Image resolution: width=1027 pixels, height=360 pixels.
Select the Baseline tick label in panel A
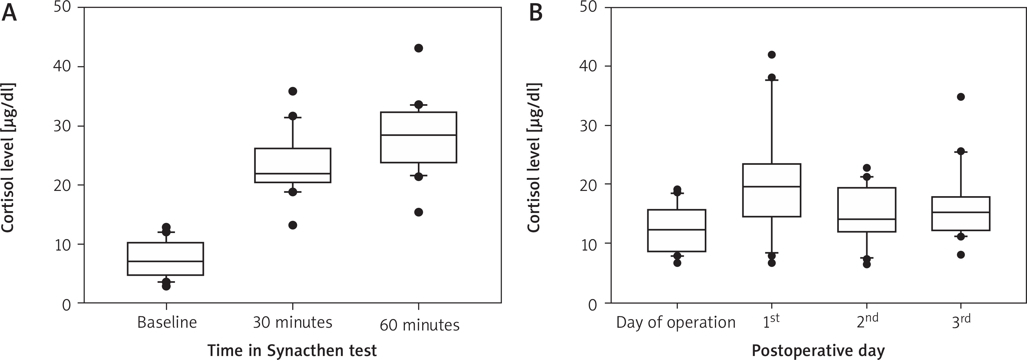(167, 322)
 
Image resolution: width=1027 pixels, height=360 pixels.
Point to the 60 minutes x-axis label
(419, 325)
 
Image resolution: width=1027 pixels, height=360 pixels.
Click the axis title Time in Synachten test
(292, 350)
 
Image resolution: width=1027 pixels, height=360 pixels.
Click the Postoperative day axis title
(818, 350)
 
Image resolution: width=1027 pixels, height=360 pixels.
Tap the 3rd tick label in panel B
(961, 321)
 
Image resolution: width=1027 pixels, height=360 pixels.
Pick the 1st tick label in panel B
(771, 321)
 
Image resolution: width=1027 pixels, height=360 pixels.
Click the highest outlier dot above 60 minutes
(418, 48)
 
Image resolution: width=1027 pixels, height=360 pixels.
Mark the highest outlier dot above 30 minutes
(293, 91)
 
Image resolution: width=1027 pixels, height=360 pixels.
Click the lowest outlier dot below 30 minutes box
(293, 225)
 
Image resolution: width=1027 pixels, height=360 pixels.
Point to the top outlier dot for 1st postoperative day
(772, 55)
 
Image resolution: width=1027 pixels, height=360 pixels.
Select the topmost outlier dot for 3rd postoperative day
(961, 97)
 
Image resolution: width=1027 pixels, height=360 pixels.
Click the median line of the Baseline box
(165, 261)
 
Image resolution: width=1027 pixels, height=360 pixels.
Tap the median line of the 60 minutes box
(418, 135)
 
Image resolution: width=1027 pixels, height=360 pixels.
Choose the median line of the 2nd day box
(867, 219)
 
